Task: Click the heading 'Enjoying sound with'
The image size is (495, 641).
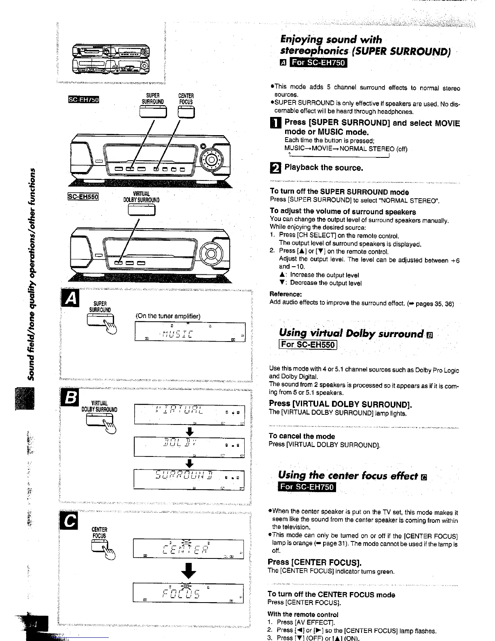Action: pos(331,40)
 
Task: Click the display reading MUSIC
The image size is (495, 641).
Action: pos(189,333)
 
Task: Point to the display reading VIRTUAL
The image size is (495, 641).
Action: pos(189,414)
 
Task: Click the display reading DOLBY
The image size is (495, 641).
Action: pos(189,446)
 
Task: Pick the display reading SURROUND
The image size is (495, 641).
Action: pos(189,479)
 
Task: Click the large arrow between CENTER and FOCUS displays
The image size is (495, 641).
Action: pos(188,571)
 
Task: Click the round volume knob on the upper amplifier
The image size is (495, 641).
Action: pos(211,159)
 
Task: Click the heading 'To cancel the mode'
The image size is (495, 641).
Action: pos(302,436)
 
